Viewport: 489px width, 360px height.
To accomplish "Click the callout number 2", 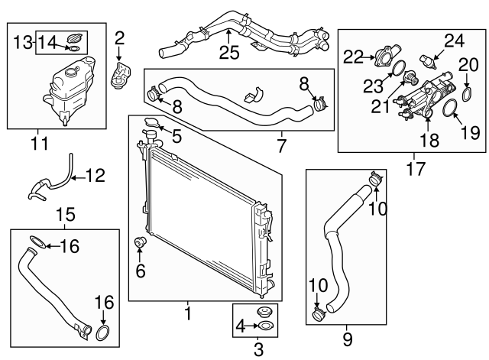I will pyautogui.click(x=118, y=37).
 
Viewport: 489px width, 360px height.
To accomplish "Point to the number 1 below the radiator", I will pyautogui.click(x=187, y=313).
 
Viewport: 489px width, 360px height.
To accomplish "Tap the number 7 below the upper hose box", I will pyautogui.click(x=280, y=144).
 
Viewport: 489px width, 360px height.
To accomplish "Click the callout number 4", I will pyautogui.click(x=239, y=326).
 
